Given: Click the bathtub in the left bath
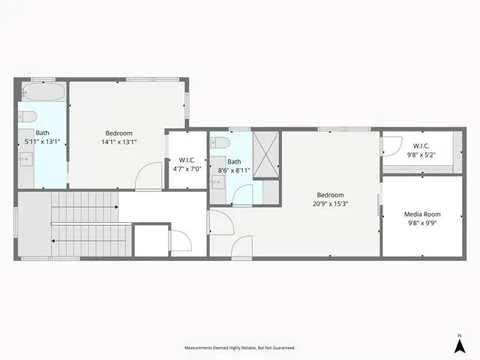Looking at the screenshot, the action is click(x=43, y=91).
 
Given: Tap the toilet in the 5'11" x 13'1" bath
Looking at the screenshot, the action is click(x=28, y=117).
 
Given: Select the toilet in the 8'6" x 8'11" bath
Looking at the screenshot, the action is click(x=220, y=142).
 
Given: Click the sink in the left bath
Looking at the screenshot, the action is click(x=26, y=158).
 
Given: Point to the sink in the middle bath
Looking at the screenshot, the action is click(x=218, y=181).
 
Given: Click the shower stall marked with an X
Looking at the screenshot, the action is click(x=266, y=154).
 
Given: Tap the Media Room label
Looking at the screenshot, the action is click(x=422, y=214).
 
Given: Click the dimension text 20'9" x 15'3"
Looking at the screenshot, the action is click(x=330, y=204).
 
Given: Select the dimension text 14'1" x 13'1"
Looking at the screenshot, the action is click(x=118, y=142).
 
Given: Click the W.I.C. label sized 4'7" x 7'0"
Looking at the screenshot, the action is click(x=187, y=160).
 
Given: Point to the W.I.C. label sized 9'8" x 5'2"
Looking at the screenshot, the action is click(x=421, y=146).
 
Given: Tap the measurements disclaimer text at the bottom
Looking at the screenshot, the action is click(x=240, y=348).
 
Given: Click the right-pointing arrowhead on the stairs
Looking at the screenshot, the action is click(x=116, y=207).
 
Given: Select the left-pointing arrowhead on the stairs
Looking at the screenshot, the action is click(x=53, y=241).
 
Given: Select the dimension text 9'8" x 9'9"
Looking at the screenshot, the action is click(x=422, y=223).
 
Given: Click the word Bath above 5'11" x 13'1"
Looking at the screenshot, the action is click(x=42, y=133).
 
